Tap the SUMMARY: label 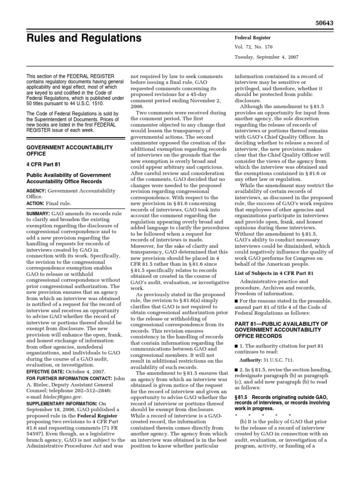[38, 212]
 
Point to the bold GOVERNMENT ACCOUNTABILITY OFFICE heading [69, 150]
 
